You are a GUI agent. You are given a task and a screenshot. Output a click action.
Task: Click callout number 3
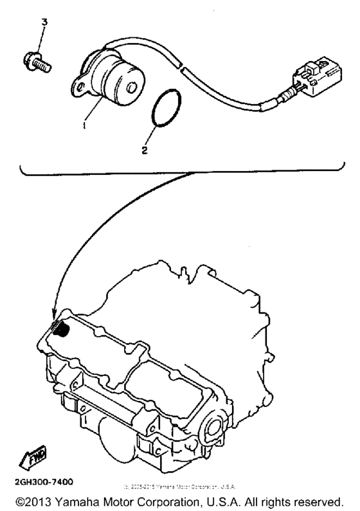44,22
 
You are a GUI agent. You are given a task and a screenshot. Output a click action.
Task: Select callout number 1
84,126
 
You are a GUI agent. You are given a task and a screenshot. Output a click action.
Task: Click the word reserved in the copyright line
321,499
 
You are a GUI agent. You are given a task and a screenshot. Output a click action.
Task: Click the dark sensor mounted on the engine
61,331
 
